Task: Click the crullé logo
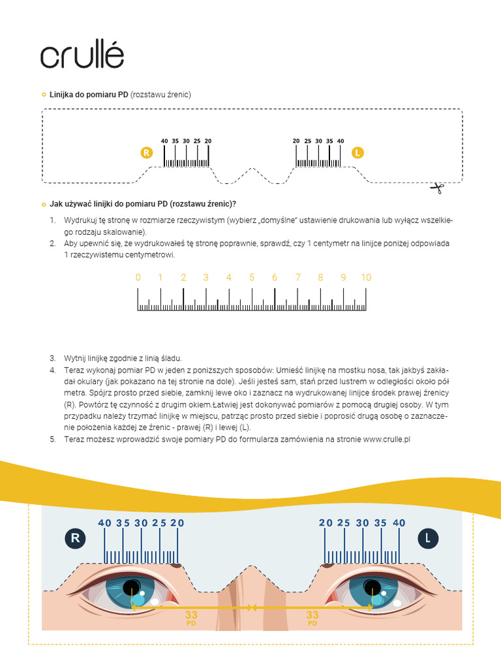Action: (82, 56)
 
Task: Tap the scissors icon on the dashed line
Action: (436, 189)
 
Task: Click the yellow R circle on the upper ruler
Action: (146, 153)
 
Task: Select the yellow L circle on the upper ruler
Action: (357, 153)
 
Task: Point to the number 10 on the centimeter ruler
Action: (366, 277)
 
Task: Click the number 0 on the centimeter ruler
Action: (138, 277)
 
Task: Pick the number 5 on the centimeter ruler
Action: (252, 277)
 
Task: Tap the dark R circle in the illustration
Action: (75, 538)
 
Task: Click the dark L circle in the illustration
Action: (428, 538)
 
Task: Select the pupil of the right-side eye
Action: (372, 585)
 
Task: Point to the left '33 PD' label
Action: (191, 618)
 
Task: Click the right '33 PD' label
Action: (312, 618)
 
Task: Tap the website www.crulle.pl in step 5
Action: (386, 440)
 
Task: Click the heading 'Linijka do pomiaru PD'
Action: (89, 95)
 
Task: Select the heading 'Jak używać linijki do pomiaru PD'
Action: (142, 204)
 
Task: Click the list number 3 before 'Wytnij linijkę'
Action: (53, 358)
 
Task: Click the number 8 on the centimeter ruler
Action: (320, 277)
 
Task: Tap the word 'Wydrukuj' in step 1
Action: (80, 220)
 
